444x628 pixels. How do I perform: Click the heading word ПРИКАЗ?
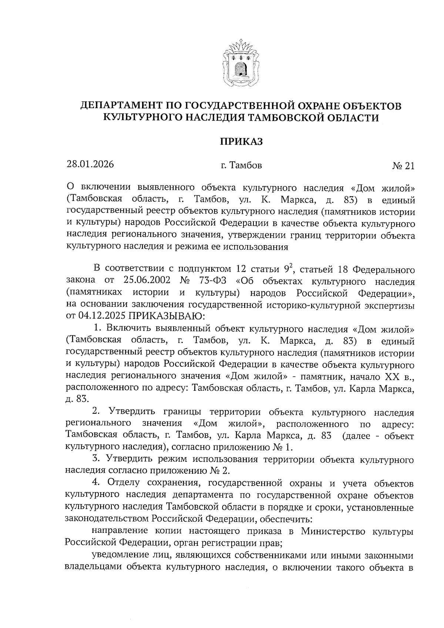point(241,141)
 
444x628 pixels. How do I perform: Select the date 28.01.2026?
point(90,164)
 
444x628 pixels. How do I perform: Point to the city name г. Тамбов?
point(241,165)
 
